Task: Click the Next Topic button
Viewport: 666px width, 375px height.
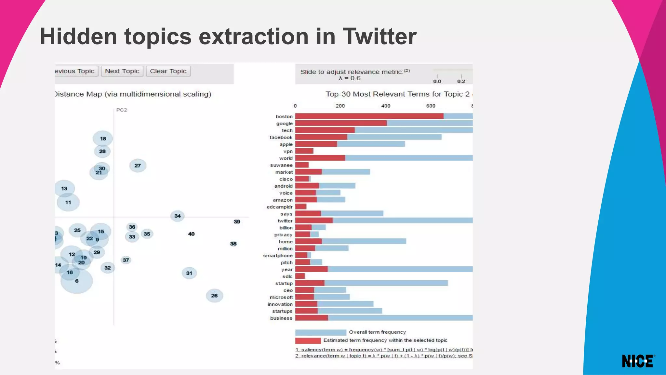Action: (x=122, y=71)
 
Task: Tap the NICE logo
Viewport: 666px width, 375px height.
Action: (x=638, y=361)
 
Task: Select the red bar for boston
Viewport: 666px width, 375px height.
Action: (x=369, y=116)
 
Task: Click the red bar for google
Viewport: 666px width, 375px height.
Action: (x=341, y=123)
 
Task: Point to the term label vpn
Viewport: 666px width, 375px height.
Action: (x=288, y=151)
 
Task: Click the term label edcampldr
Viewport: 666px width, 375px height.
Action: (x=279, y=207)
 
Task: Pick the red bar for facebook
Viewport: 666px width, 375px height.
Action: (x=321, y=137)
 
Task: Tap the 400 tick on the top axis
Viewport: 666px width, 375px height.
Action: (x=386, y=106)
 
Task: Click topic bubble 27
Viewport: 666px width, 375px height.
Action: (x=138, y=166)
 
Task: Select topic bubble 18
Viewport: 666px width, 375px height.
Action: (x=103, y=139)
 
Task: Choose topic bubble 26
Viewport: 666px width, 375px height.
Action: (x=214, y=296)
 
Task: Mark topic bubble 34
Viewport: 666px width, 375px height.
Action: (x=177, y=216)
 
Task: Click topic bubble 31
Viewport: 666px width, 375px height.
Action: (x=189, y=273)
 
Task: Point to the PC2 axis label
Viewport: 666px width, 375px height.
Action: (x=122, y=110)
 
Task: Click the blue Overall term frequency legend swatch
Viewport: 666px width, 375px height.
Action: (x=320, y=332)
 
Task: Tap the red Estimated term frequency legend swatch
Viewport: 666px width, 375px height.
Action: (x=308, y=341)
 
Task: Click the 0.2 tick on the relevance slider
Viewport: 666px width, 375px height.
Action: (x=461, y=81)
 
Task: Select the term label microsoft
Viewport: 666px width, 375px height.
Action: (x=281, y=297)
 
